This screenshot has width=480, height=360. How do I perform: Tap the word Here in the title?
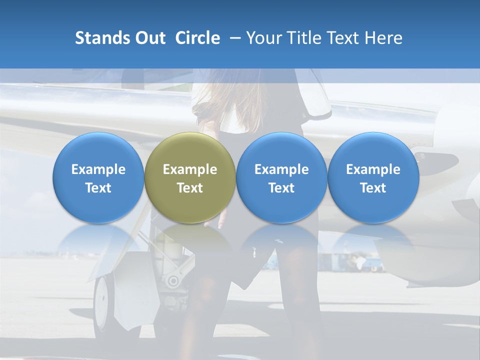[383, 38]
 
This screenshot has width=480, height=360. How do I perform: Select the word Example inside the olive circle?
[190, 169]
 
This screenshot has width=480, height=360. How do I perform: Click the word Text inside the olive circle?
[190, 188]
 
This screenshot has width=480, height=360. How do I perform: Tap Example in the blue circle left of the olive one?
[98, 169]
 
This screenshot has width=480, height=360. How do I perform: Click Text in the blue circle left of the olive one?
[98, 188]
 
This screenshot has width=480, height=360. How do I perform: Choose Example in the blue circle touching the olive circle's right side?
[281, 169]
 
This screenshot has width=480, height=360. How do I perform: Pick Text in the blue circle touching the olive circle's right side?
[281, 188]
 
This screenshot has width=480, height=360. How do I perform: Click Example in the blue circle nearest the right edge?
[373, 169]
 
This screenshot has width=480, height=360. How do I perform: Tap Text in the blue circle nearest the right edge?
[373, 188]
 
